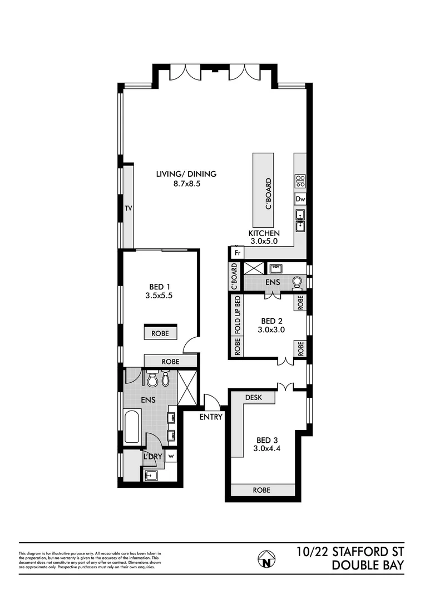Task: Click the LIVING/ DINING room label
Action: [186, 174]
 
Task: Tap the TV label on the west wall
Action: [128, 209]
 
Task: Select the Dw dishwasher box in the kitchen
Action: [300, 199]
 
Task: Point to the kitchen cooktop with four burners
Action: [300, 181]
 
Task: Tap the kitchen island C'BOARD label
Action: [268, 193]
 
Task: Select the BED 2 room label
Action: [271, 321]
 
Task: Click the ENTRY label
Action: [211, 417]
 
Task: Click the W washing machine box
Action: [171, 456]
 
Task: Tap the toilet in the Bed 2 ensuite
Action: [297, 283]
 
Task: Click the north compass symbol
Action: [266, 558]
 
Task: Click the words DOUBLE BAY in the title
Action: [367, 566]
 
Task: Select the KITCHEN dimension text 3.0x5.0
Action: [264, 242]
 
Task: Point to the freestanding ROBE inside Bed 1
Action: [160, 333]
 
